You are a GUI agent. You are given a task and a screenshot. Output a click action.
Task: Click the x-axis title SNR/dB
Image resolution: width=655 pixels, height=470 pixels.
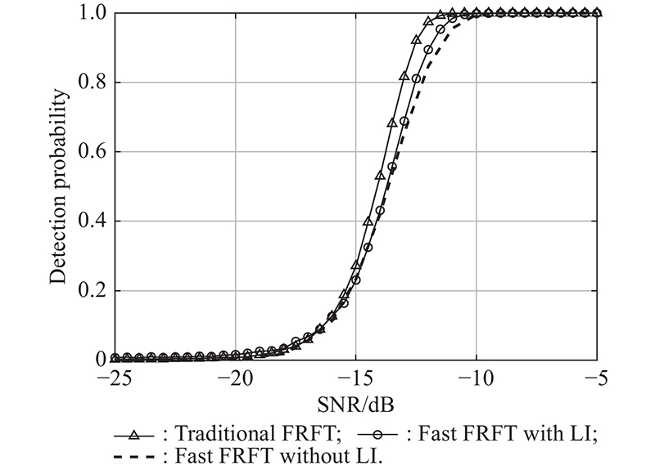358,405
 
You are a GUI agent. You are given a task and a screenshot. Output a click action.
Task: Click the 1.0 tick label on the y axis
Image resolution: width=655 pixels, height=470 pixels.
92,14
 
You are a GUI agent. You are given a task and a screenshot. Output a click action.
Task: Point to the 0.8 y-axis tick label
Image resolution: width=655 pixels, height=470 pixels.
92,83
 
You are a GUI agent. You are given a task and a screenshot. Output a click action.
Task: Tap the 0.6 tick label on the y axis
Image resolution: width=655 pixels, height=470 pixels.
92,153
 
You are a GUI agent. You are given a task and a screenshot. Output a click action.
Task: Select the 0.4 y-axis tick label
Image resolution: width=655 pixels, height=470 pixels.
92,222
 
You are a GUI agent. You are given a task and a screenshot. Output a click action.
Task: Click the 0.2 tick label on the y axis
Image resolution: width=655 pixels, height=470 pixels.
92,292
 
